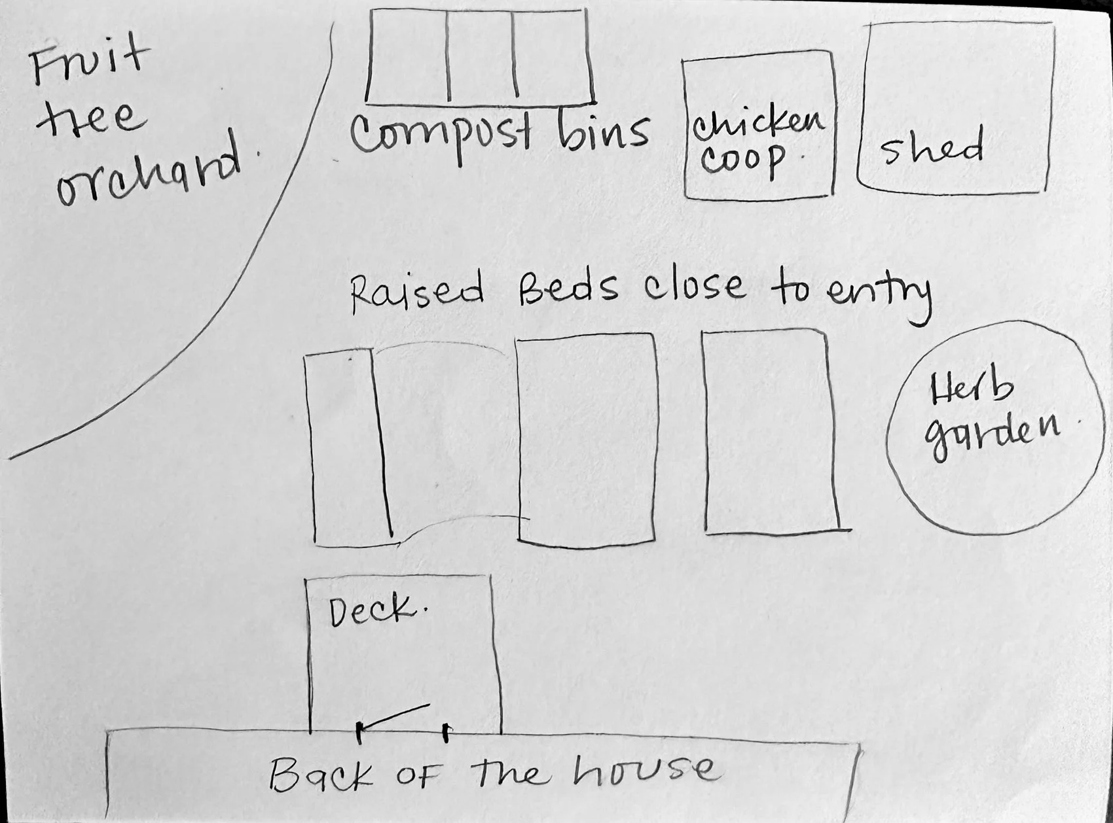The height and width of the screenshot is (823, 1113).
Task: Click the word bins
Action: (602, 131)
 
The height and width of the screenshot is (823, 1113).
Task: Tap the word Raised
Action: (418, 292)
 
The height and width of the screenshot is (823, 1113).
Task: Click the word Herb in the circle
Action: (971, 392)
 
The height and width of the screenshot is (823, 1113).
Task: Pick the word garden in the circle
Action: (993, 434)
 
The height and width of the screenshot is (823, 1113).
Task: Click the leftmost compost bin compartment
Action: (408, 58)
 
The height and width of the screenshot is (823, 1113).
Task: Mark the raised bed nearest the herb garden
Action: (771, 432)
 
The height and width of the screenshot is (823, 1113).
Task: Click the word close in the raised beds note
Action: (694, 288)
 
